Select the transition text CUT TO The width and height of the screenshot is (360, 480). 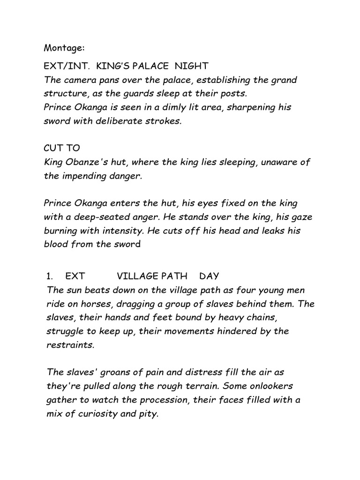click(x=61, y=148)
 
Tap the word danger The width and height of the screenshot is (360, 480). click(x=126, y=175)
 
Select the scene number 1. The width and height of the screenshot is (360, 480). click(x=48, y=277)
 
